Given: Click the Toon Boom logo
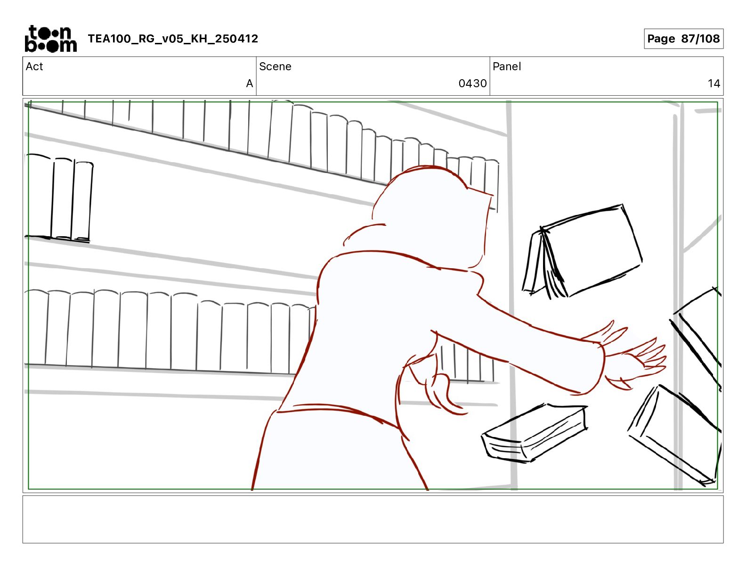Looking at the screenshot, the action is point(51,39).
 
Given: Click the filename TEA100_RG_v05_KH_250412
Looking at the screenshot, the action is point(173,39).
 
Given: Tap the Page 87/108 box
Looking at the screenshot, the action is point(683,39).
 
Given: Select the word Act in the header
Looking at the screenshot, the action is point(34,66).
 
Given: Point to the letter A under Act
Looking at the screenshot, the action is point(249,83).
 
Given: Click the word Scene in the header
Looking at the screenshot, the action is point(275,66).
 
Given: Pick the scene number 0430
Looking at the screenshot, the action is point(472,83).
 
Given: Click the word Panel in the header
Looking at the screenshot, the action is point(507,66).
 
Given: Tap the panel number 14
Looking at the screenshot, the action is point(714,83).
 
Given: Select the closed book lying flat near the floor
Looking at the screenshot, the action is point(534,433).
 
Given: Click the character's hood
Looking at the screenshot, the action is point(432,213).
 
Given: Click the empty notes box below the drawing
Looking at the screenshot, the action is point(373,519).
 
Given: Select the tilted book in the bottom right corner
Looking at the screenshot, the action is point(674,435).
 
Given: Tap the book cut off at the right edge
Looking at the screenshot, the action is point(697,338).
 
